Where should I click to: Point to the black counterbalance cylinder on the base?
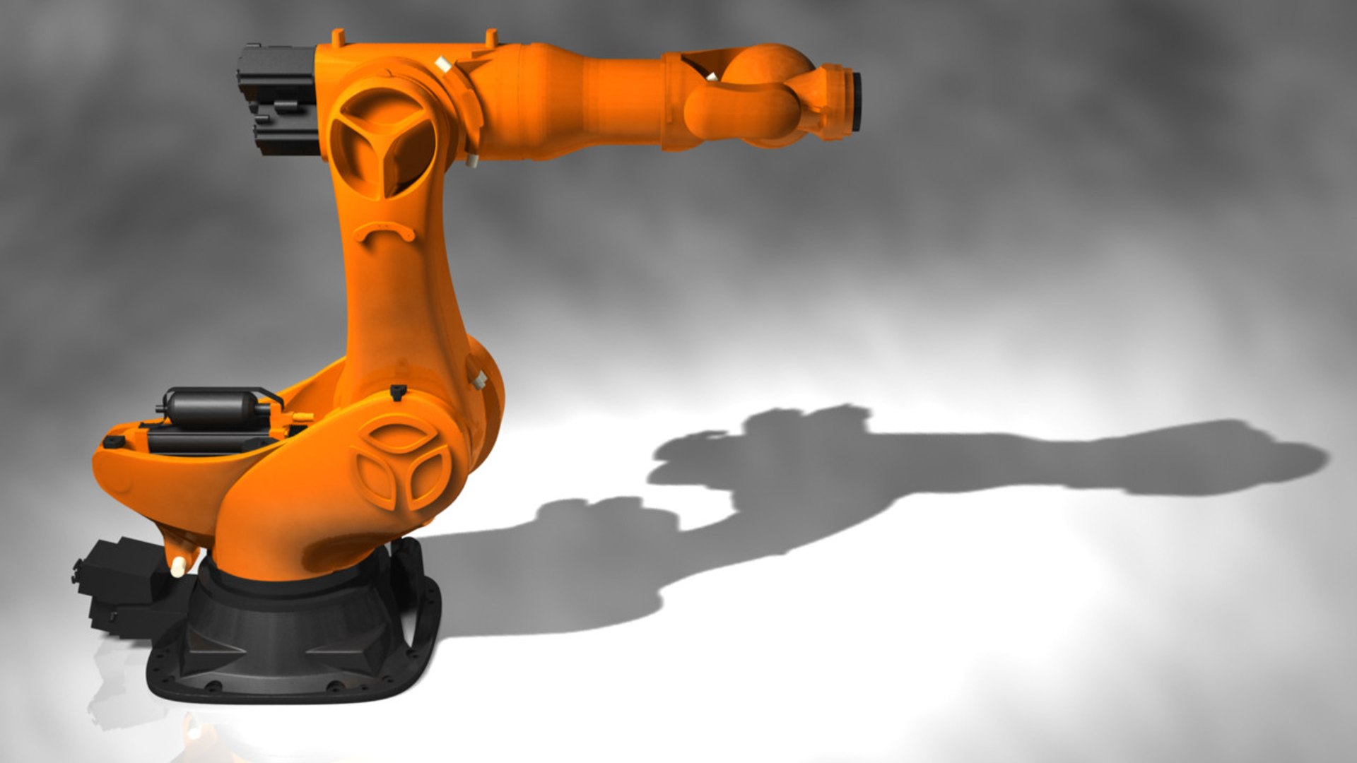point(212,408)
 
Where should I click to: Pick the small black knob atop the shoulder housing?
point(398,391)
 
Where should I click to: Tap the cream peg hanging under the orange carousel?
point(178,564)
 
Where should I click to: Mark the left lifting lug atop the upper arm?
point(338,37)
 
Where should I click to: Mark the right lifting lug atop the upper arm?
point(490,37)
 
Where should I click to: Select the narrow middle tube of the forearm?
point(622,99)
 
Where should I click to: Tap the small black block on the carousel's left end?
point(113,442)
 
